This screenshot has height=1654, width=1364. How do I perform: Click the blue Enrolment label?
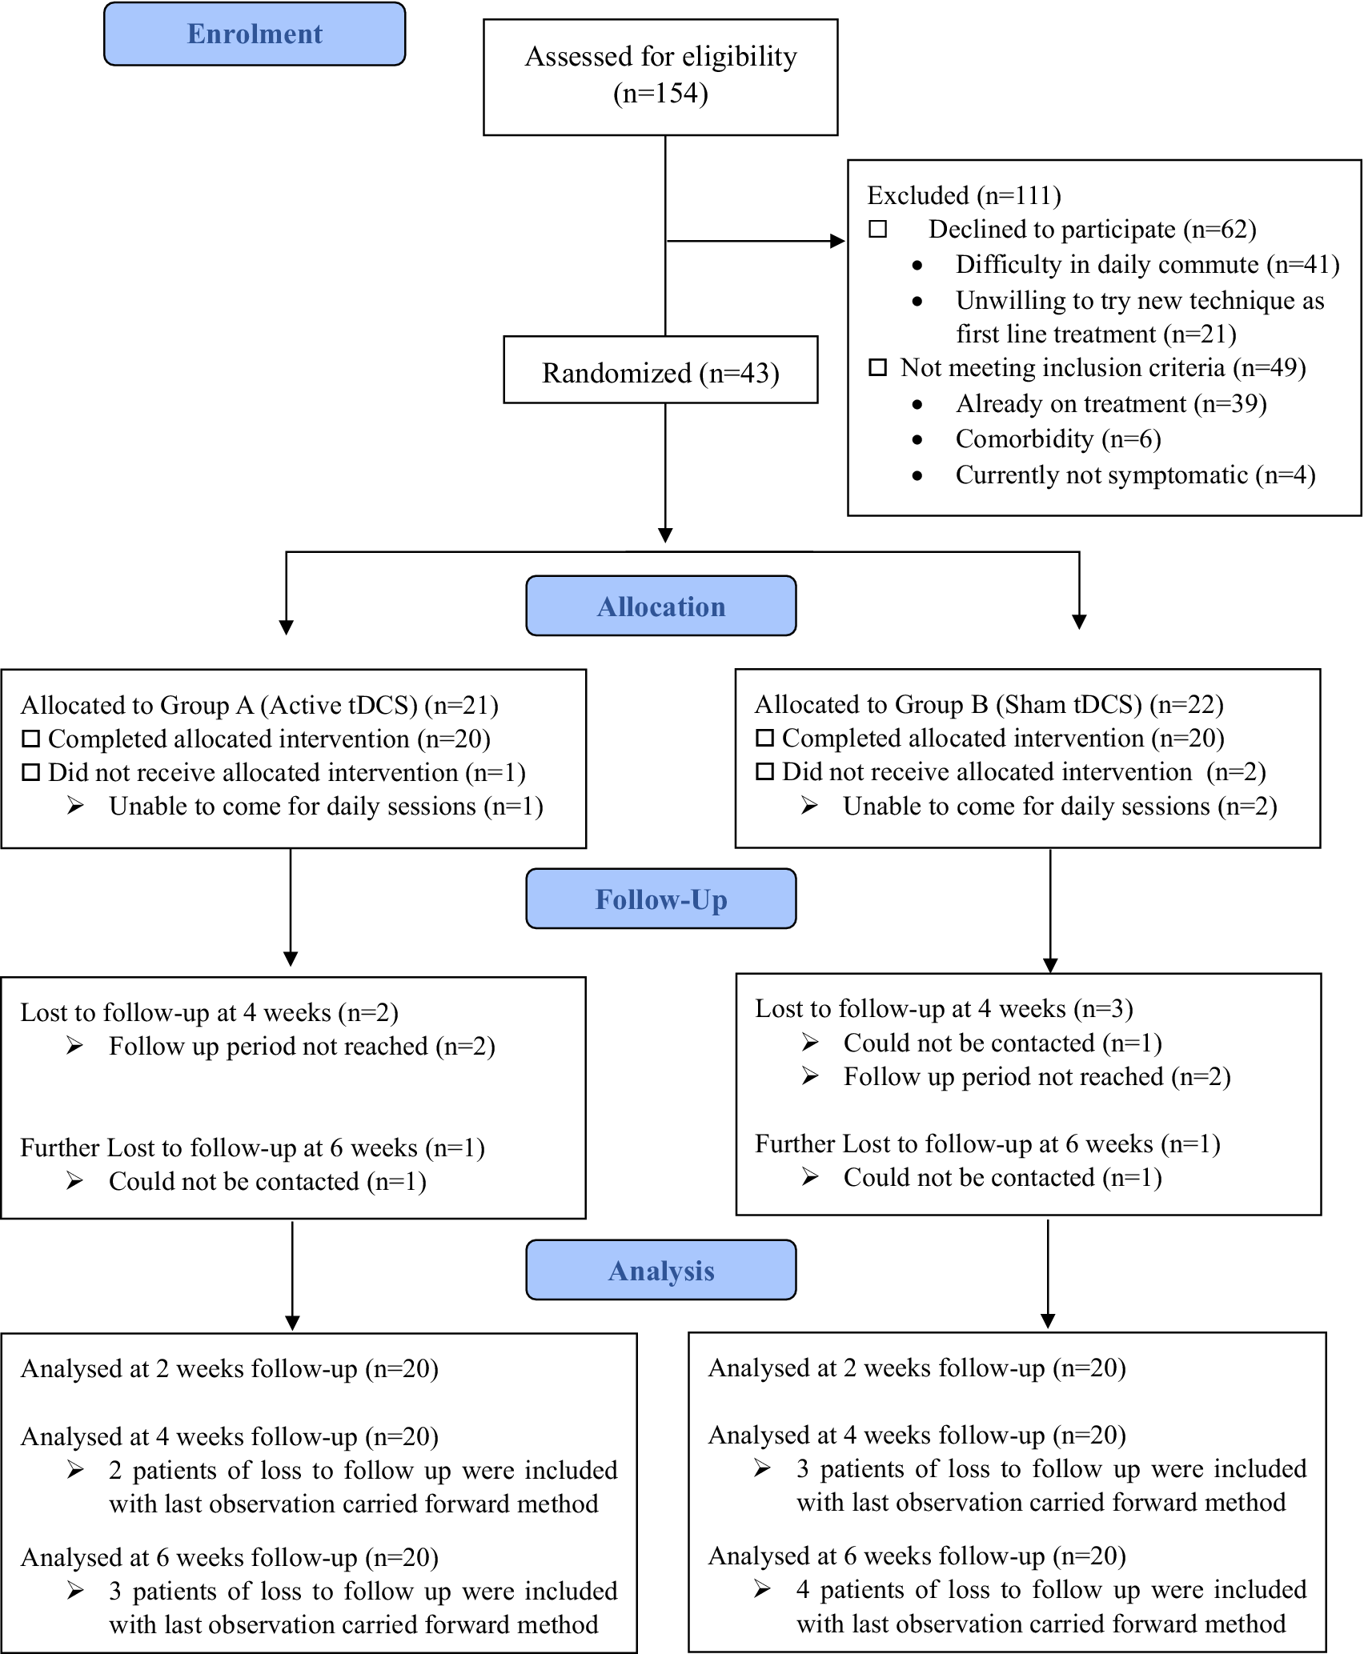(255, 34)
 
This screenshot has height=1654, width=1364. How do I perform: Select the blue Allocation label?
(661, 606)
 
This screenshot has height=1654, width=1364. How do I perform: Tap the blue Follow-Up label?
(661, 899)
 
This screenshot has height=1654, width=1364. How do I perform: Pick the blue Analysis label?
(661, 1270)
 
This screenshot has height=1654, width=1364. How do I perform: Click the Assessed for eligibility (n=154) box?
(660, 77)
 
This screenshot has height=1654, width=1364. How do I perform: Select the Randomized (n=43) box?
(660, 370)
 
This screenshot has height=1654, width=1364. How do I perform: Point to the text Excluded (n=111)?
(964, 195)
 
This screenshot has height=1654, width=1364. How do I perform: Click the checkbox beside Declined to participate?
(878, 229)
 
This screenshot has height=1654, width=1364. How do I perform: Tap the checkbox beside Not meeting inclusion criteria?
(878, 367)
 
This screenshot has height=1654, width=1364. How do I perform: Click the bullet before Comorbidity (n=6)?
(917, 440)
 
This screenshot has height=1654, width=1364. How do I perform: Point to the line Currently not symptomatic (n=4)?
(1135, 475)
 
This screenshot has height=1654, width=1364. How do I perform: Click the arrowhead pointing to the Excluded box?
(838, 241)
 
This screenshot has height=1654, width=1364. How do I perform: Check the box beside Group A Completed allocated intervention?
(30, 739)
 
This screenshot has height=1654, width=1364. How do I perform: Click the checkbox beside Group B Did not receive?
(764, 771)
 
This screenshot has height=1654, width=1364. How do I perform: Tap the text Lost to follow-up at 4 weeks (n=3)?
(944, 1008)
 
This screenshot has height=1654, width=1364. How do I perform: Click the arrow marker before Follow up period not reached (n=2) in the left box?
(75, 1046)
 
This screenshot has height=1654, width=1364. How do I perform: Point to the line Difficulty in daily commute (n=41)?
(1147, 265)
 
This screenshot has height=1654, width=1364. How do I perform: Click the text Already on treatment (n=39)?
(1111, 404)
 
